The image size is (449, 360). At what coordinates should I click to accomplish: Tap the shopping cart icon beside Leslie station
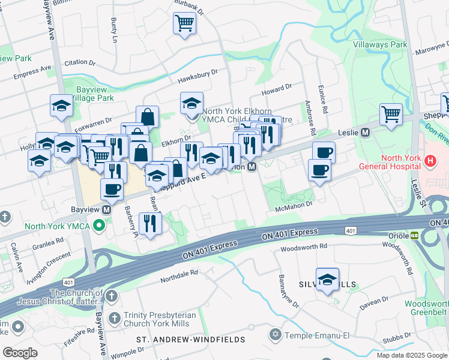coord(391,113)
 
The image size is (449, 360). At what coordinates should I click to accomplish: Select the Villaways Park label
coord(380,45)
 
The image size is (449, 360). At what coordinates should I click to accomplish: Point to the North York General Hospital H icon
coord(429,161)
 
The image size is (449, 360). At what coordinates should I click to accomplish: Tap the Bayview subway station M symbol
coord(106,211)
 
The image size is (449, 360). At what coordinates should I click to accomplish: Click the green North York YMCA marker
coord(100,226)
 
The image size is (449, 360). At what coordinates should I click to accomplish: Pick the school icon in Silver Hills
coord(327,279)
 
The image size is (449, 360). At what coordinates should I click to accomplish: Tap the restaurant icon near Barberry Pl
coord(149,223)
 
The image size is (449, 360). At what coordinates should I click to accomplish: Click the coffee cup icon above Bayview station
coord(112,189)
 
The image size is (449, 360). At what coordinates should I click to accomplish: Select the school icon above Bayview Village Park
coord(61,106)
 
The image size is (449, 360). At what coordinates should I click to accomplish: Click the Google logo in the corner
coord(20,352)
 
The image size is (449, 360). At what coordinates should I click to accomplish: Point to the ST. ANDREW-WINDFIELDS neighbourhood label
coord(190,340)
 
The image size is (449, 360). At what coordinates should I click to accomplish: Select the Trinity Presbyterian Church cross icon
coord(112,316)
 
